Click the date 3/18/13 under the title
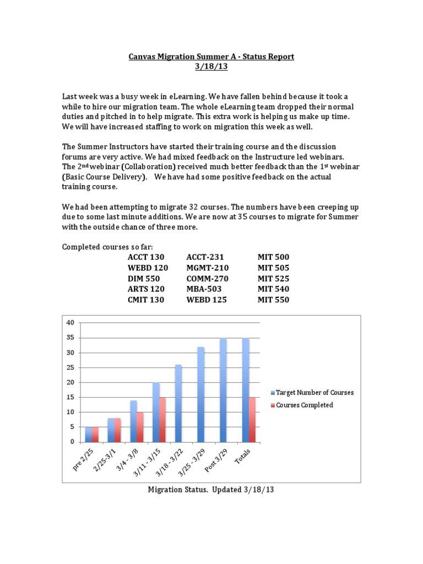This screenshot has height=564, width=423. pyautogui.click(x=211, y=67)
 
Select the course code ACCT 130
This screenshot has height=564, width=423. pyautogui.click(x=146, y=257)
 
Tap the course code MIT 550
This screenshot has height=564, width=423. pyautogui.click(x=273, y=300)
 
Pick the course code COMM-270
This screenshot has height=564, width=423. pyautogui.click(x=207, y=279)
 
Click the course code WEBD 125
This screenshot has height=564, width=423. pyautogui.click(x=206, y=300)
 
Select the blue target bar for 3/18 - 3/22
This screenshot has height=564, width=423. pyautogui.click(x=178, y=403)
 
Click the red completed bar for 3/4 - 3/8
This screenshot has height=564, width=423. pyautogui.click(x=140, y=427)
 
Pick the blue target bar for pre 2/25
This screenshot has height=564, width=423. pyautogui.click(x=89, y=434)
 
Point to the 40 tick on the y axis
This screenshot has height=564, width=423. pyautogui.click(x=69, y=323)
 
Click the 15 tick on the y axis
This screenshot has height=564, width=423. pyautogui.click(x=69, y=397)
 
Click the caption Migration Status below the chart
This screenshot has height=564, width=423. pyautogui.click(x=177, y=490)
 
